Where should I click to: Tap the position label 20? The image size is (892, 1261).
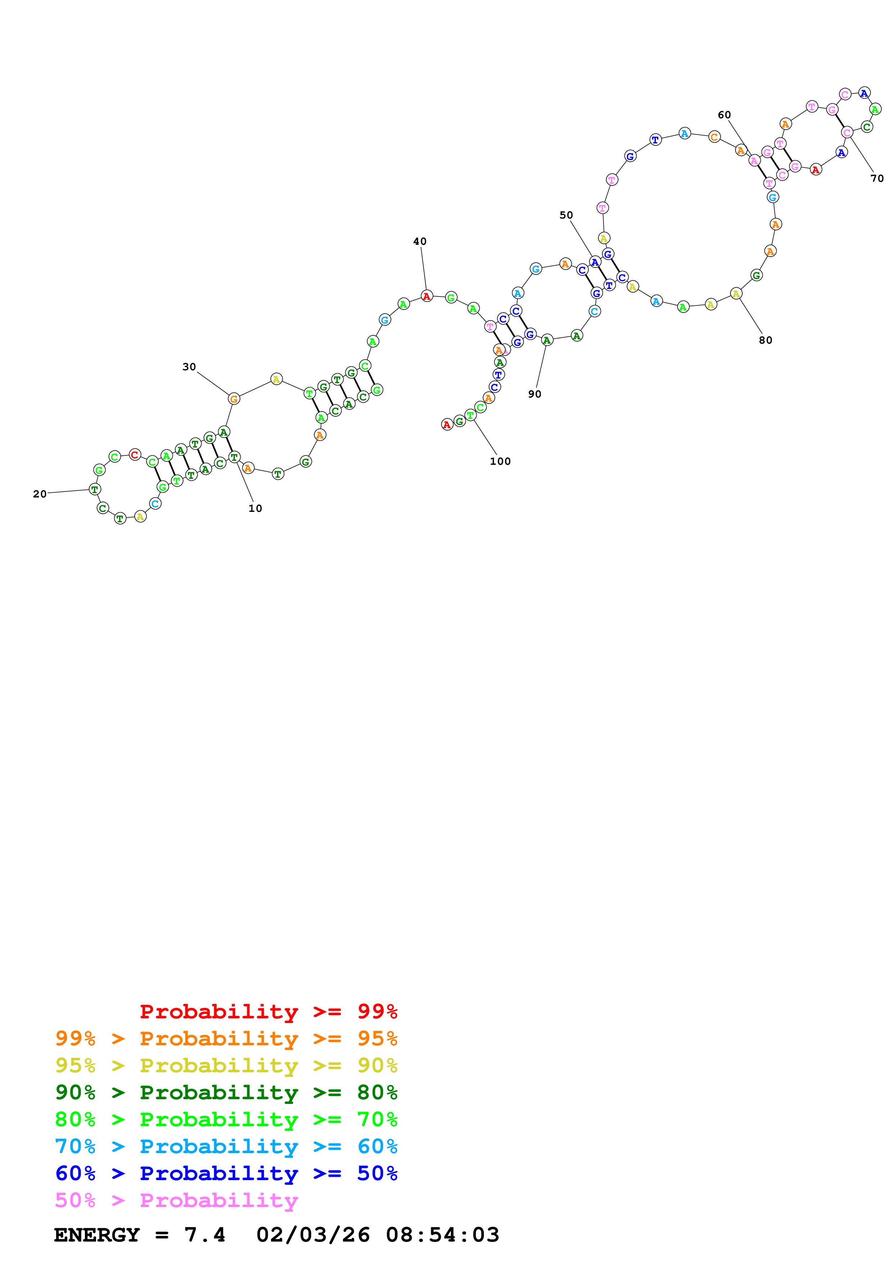[x=40, y=494]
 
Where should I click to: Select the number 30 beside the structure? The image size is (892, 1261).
[x=189, y=367]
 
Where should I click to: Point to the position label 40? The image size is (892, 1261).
[x=420, y=242]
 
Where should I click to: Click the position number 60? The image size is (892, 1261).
[x=724, y=115]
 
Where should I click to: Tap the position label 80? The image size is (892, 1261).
[x=766, y=340]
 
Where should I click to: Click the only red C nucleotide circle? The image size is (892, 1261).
[x=135, y=455]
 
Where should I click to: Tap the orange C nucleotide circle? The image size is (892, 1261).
[x=714, y=137]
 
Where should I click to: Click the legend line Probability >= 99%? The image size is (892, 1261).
[x=268, y=1012]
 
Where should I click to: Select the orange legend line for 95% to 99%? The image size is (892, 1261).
[x=226, y=1038]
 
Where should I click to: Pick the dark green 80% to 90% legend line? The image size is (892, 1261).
[x=226, y=1092]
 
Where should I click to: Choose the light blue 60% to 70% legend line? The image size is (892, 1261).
[x=226, y=1146]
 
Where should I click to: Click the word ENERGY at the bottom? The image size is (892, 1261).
[x=97, y=1235]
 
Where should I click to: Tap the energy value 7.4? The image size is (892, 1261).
[x=204, y=1235]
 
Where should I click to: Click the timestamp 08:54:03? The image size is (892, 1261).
[x=443, y=1235]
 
